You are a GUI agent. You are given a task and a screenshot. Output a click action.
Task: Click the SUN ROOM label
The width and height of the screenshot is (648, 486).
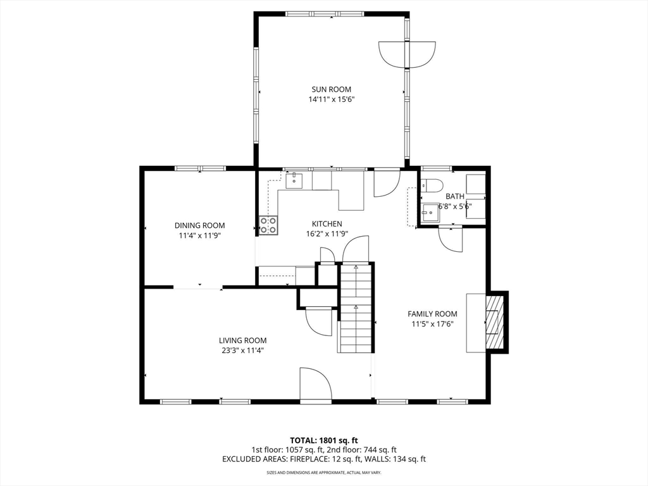click(331, 89)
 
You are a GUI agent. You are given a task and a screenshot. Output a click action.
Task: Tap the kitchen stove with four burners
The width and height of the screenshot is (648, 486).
click(268, 225)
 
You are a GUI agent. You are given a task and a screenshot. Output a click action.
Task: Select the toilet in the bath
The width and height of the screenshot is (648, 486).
click(432, 185)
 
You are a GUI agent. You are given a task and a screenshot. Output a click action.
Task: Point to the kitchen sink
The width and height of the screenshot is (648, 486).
click(294, 181)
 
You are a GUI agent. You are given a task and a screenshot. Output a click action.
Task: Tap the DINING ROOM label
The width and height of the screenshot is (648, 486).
click(199, 226)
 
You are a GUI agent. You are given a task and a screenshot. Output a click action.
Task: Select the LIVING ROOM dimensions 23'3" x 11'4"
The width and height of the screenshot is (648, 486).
click(242, 351)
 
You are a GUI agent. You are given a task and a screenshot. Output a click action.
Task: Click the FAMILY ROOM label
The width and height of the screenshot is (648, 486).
click(432, 314)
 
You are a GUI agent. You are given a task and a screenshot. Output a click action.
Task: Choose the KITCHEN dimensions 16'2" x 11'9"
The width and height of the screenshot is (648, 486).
click(327, 234)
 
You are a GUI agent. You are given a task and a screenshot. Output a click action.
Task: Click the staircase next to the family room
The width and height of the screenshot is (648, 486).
click(356, 308)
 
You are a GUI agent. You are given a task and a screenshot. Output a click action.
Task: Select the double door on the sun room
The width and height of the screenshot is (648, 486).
click(407, 54)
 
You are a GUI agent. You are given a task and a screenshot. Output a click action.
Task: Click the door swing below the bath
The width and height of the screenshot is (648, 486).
click(451, 239)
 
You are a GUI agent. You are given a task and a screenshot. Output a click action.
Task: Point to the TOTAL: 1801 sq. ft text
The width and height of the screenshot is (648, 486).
click(323, 440)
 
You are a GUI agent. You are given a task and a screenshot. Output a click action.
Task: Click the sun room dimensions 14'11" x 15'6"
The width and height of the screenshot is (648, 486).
click(332, 99)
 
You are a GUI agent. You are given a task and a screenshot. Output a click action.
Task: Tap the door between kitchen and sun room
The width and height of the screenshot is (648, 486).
click(387, 183)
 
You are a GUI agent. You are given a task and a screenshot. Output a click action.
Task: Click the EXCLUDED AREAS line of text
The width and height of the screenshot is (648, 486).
click(324, 459)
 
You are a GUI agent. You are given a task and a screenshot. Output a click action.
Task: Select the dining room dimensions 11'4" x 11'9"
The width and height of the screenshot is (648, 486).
click(199, 236)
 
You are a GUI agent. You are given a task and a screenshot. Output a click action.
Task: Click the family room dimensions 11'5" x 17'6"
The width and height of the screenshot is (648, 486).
click(432, 325)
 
